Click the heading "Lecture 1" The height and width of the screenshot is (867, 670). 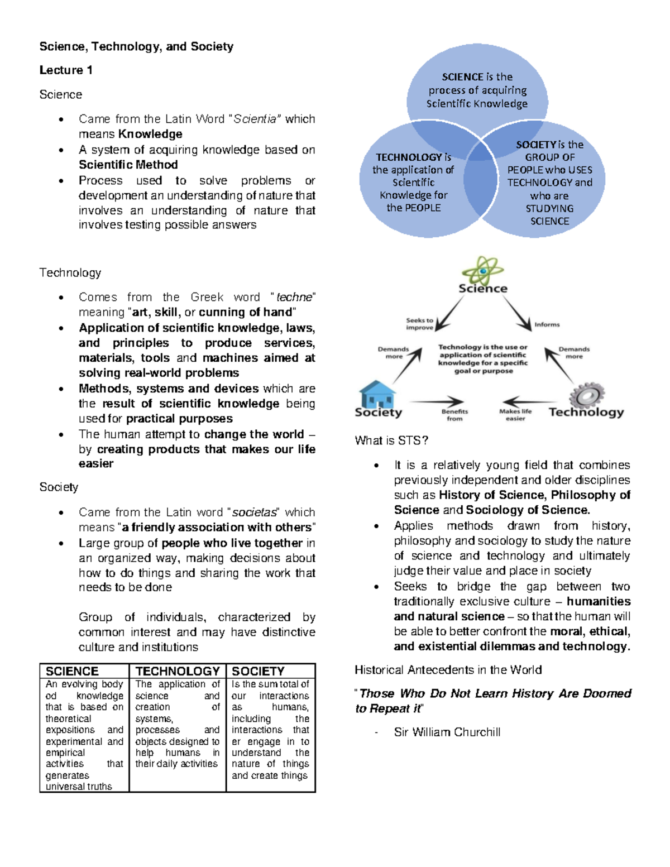click(66, 70)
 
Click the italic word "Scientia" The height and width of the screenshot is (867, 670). click(255, 119)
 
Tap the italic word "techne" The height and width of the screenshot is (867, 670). click(294, 297)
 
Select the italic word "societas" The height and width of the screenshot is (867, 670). click(255, 512)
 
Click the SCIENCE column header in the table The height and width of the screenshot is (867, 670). click(72, 671)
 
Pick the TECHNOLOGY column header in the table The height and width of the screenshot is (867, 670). click(178, 671)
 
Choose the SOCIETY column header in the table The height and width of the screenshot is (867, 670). click(258, 671)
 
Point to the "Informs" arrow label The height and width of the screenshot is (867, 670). click(547, 324)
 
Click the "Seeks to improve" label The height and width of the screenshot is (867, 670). click(419, 324)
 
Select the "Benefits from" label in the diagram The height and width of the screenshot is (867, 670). click(454, 415)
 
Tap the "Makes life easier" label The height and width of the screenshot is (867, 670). click(515, 415)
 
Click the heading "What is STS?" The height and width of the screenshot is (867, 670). click(391, 440)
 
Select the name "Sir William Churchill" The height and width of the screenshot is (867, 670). click(447, 732)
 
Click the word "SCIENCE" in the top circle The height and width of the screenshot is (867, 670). click(462, 77)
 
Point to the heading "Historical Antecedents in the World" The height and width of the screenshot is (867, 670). click(448, 670)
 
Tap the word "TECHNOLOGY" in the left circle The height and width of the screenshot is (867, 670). click(409, 157)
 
